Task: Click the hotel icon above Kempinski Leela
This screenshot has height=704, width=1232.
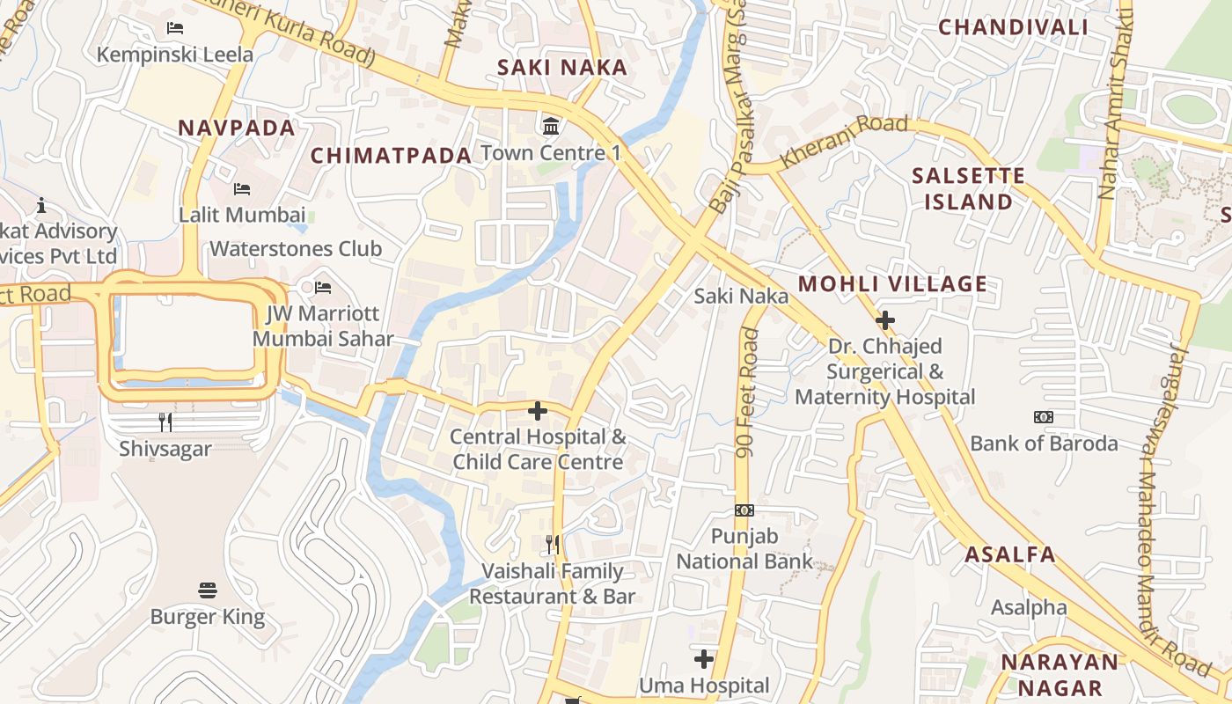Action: point(175,27)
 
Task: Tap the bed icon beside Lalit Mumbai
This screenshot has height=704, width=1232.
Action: point(242,188)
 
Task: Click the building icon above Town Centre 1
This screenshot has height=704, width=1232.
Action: point(551,126)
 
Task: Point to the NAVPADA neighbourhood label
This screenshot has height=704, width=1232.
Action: point(237,128)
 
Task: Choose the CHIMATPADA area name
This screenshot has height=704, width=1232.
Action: point(392,156)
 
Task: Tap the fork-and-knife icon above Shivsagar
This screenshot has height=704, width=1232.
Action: point(165,422)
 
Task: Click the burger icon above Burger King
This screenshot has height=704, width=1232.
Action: point(208,590)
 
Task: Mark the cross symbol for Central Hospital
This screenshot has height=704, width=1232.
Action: point(538,410)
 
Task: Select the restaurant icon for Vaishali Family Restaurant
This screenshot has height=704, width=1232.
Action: point(552,545)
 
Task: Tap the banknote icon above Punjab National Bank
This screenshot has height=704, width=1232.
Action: point(744,510)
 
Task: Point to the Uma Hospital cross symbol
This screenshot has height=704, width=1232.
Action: point(704,658)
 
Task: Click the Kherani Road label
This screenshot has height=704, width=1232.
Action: point(844,140)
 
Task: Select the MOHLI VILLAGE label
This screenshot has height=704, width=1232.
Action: point(892,283)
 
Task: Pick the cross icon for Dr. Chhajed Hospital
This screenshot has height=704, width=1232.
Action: point(885,320)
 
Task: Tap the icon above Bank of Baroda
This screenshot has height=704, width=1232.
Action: point(1044,417)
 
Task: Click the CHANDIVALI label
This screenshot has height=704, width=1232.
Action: point(1013,27)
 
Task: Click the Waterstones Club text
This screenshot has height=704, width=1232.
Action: point(296,249)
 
